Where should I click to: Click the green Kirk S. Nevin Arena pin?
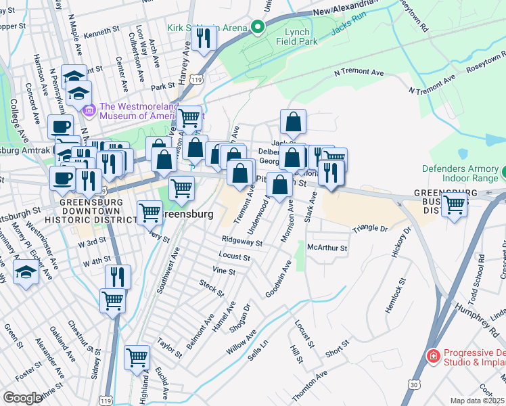pyautogui.click(x=257, y=28)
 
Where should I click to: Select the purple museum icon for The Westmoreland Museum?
pyautogui.click(x=87, y=110)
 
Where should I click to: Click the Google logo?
pyautogui.click(x=22, y=398)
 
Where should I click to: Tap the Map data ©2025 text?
pyautogui.click(x=477, y=401)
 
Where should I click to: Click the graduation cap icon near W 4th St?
pyautogui.click(x=26, y=273)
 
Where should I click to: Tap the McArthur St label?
pyautogui.click(x=327, y=248)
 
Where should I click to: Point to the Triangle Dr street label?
pyautogui.click(x=369, y=230)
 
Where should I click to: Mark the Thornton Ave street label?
pyautogui.click(x=309, y=386)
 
